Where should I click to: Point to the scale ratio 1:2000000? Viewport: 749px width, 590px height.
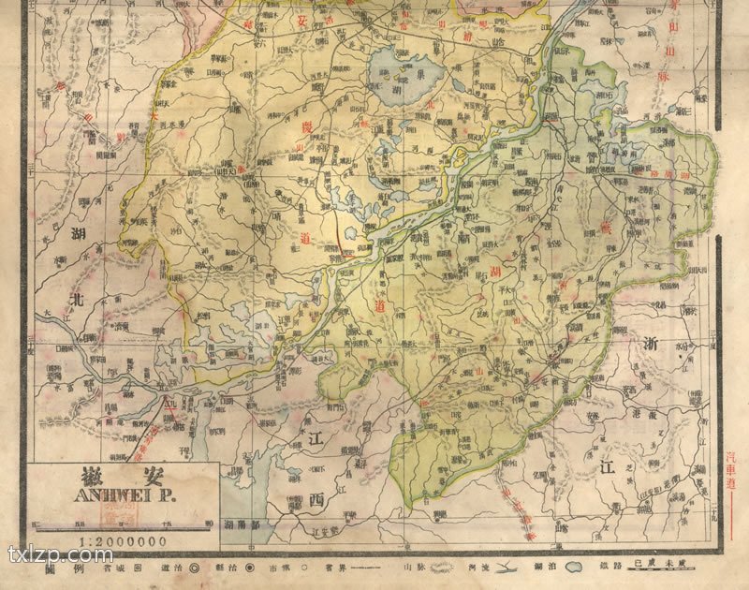pos(123,541)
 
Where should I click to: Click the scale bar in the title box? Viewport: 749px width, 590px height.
pos(123,522)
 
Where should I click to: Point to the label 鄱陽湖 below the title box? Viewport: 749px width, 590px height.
pos(238,526)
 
